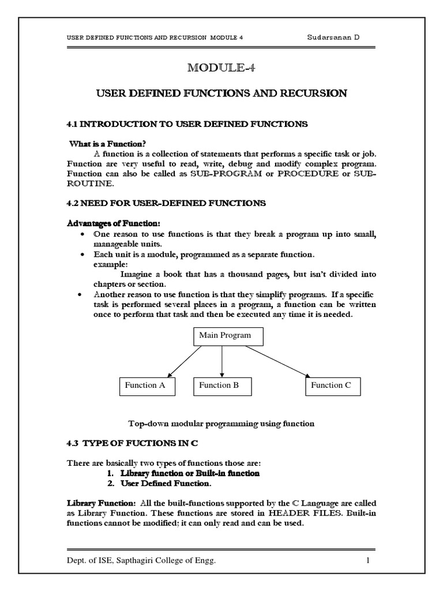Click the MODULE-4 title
(x=221, y=68)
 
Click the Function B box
(x=222, y=386)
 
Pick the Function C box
(x=332, y=386)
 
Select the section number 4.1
(x=77, y=124)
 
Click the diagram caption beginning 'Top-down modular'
(x=221, y=423)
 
